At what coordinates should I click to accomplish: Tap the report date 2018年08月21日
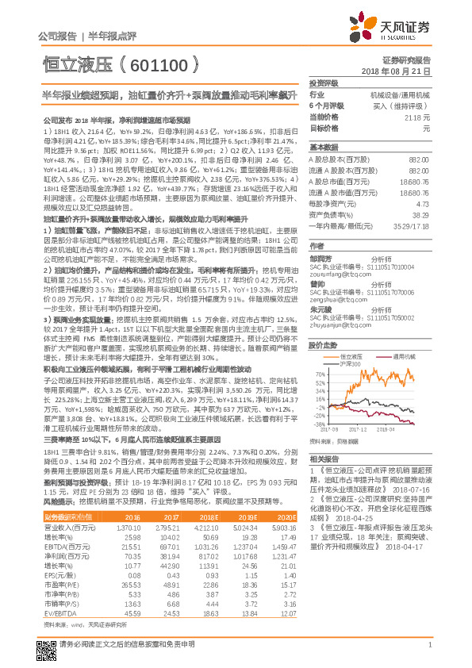point(407,71)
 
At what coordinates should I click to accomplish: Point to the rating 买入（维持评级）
point(401,106)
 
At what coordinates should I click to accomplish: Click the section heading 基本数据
point(323,148)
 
